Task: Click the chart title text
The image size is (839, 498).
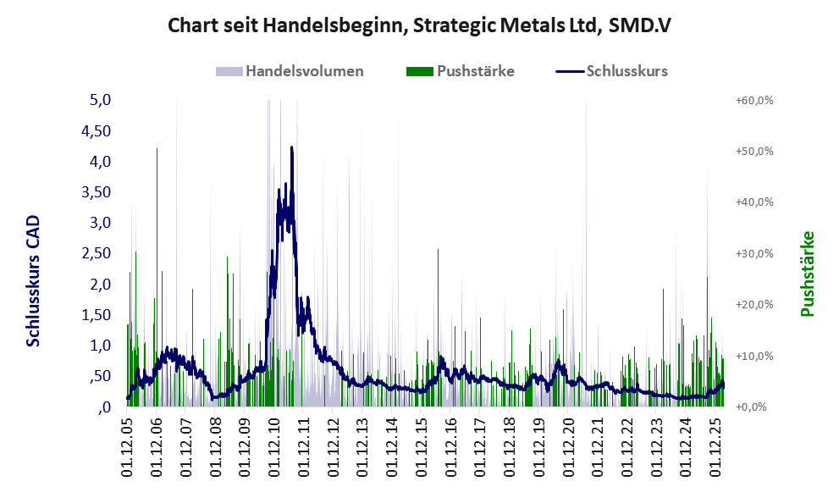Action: [419, 25]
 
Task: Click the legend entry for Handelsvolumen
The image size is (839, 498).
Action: [304, 71]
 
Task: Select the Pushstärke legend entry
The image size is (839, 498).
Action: [475, 71]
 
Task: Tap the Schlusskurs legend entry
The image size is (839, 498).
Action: [626, 71]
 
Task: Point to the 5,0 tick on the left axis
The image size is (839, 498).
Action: [101, 100]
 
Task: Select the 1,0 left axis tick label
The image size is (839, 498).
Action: [101, 346]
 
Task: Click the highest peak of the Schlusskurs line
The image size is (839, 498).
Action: [292, 147]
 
